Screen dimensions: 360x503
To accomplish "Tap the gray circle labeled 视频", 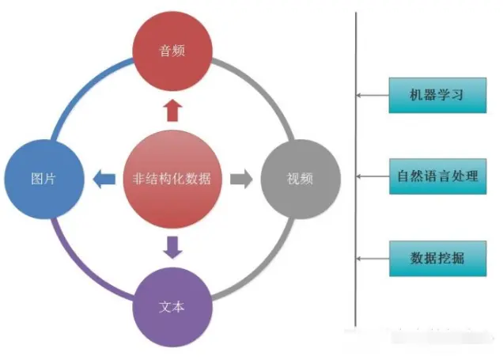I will coord(300,178).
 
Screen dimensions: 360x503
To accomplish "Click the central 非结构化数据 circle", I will coord(172,178).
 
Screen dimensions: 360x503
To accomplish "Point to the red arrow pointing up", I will coord(173,110).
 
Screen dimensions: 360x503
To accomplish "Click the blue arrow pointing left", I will coord(104,179).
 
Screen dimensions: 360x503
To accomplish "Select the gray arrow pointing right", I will coord(241,179).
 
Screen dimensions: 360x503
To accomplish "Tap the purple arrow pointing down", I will coord(172,246).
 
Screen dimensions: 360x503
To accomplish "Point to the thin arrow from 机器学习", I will coord(373,96).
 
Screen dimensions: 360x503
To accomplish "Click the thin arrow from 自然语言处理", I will coord(373,176).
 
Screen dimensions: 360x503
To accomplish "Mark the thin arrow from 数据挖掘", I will coord(373,259).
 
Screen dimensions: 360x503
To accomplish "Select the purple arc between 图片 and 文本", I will coord(79,269).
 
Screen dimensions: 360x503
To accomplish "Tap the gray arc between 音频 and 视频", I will coord(264,87).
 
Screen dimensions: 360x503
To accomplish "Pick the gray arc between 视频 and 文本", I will coord(264,269).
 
